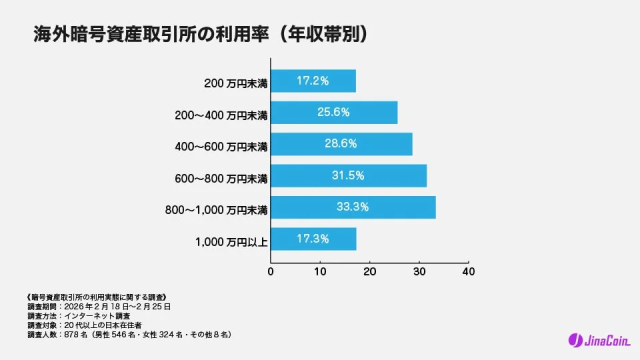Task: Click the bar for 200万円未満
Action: [x=313, y=81]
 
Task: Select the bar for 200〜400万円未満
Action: [x=334, y=113]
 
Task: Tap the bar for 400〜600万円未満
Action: [x=341, y=144]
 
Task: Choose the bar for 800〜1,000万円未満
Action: [x=353, y=208]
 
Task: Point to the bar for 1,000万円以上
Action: [x=313, y=239]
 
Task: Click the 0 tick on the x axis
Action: [x=271, y=271]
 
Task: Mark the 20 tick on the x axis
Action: [x=369, y=271]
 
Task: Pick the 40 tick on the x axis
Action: [x=468, y=271]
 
